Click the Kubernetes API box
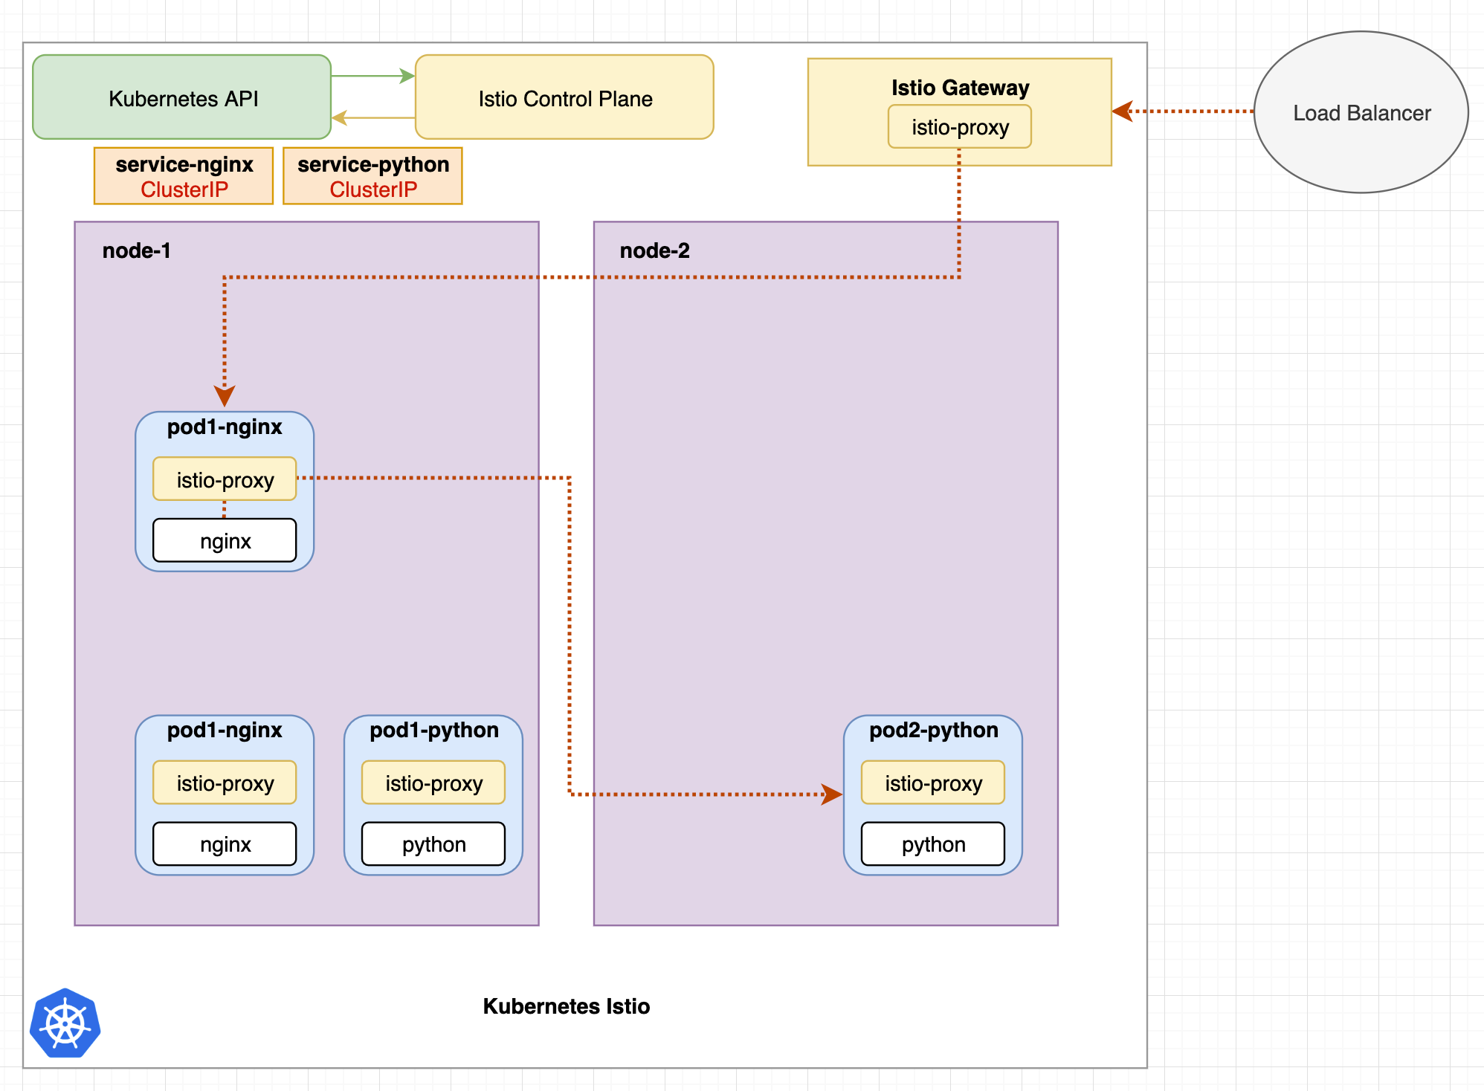182,97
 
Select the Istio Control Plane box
564,97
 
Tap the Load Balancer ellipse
1361,112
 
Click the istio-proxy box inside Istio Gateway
959,127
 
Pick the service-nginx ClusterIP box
184,176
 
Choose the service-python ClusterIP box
372,176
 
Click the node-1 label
136,250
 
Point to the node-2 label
654,250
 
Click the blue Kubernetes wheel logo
65,1023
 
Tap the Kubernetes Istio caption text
566,1006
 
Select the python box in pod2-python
933,844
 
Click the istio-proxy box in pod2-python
933,783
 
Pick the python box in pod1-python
433,844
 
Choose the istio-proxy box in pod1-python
433,783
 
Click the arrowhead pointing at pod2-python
833,794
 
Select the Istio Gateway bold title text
960,88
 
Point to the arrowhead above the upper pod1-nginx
225,395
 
